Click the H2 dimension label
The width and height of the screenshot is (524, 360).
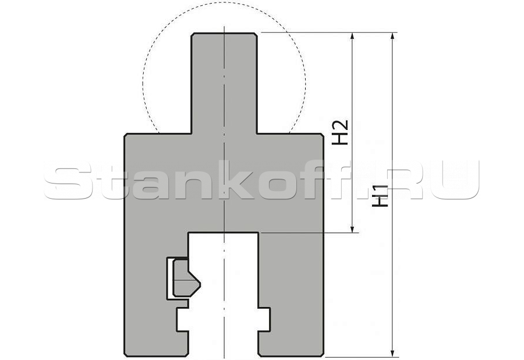340,132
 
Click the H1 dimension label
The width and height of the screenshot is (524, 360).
380,196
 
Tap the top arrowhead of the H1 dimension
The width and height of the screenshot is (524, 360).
392,37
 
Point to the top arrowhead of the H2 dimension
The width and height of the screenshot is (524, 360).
352,37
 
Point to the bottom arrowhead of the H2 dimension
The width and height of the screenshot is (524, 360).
352,227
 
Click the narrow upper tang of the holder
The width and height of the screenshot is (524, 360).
224,83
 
